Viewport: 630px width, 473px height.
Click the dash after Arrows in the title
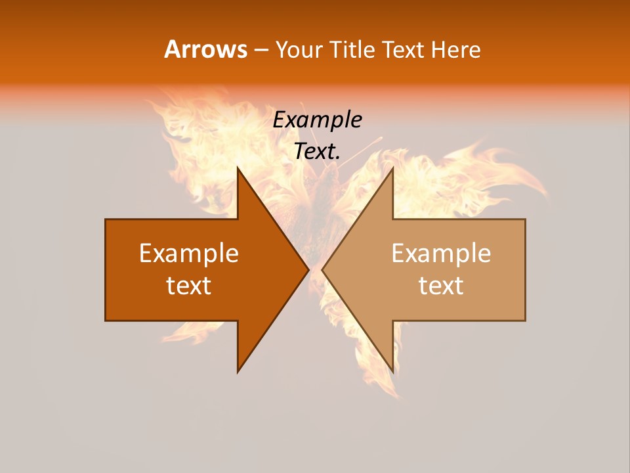[261, 51]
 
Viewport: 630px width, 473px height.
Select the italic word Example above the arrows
[318, 120]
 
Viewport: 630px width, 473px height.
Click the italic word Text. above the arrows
[318, 151]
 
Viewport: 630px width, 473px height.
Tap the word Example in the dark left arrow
[189, 253]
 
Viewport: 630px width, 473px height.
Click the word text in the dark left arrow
[189, 285]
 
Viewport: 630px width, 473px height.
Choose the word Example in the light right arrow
[441, 253]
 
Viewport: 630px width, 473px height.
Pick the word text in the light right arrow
[441, 285]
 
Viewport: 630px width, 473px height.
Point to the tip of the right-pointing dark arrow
[309, 269]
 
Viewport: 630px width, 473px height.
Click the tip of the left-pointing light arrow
[322, 269]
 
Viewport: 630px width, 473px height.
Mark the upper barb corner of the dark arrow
[238, 167]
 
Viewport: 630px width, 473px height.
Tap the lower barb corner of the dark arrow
[238, 372]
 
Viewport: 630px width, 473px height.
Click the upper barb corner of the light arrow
[393, 167]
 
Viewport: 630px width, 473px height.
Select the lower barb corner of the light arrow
[393, 372]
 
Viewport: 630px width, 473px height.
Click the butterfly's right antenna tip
[381, 139]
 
